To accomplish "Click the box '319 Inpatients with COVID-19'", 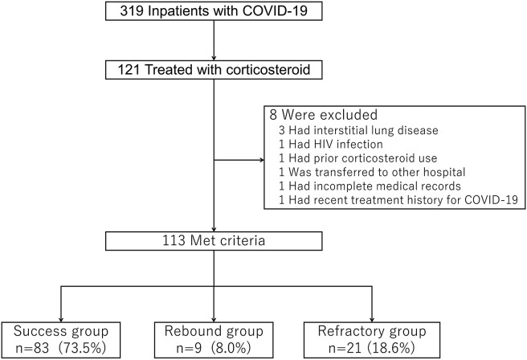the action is pos(213,13).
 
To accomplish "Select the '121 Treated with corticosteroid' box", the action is pos(213,72).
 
